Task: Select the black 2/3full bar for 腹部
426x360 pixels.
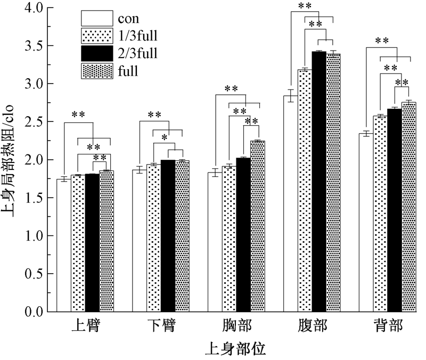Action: pos(319,181)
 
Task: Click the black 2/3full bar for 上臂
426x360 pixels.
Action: pos(92,243)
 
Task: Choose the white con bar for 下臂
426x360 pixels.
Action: pos(140,241)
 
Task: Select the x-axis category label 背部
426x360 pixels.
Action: pos(387,326)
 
